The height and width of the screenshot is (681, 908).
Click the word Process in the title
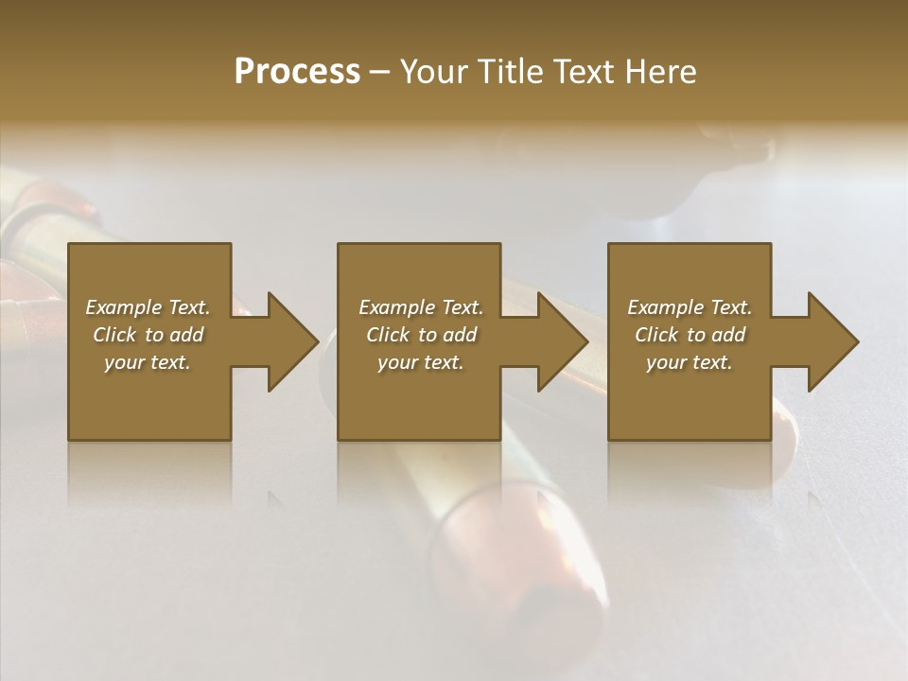pos(297,72)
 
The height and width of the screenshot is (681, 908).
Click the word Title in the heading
pos(508,72)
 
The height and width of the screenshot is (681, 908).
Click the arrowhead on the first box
pos(289,341)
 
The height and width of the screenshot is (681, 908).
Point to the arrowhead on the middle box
pos(560,341)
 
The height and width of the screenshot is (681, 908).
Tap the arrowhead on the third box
pos(830,341)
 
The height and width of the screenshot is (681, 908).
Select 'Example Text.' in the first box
pos(148,307)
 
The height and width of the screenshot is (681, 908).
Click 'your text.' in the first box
pos(148,362)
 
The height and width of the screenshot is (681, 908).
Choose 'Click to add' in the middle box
pos(421,335)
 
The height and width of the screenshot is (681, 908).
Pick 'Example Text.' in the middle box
pos(421,307)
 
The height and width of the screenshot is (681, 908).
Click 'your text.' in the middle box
pos(421,362)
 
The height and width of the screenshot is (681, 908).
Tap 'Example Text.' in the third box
pos(690,307)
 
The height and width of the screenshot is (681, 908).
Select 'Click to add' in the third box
pos(690,335)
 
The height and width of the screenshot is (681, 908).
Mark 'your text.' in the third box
pos(690,362)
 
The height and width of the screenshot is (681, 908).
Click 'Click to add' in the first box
pos(148,335)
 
